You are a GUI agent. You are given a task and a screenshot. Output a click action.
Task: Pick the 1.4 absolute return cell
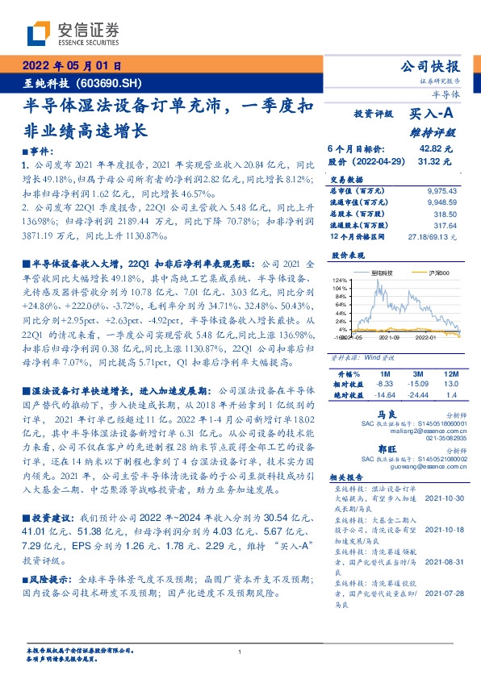coord(450,396)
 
